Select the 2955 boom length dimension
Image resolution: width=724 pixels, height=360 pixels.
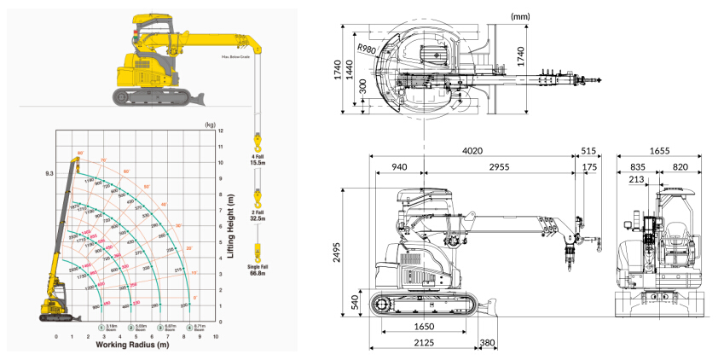click(499, 167)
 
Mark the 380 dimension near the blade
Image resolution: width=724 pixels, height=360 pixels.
click(487, 343)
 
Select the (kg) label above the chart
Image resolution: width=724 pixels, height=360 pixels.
click(210, 124)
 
